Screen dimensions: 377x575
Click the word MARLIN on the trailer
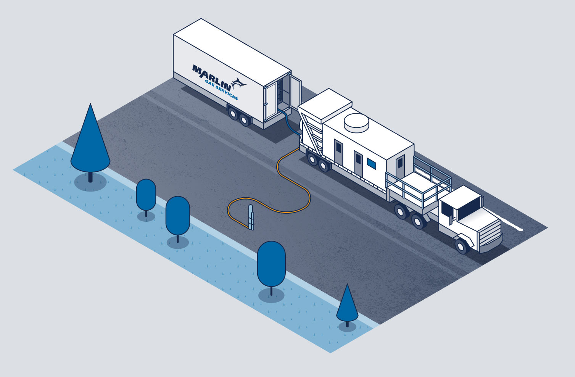[212, 76]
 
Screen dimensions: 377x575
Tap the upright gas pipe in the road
[251, 217]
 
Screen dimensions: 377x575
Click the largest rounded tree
[271, 263]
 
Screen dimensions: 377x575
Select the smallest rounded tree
[146, 194]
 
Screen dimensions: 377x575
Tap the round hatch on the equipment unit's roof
[357, 122]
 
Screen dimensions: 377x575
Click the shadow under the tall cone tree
[90, 183]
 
